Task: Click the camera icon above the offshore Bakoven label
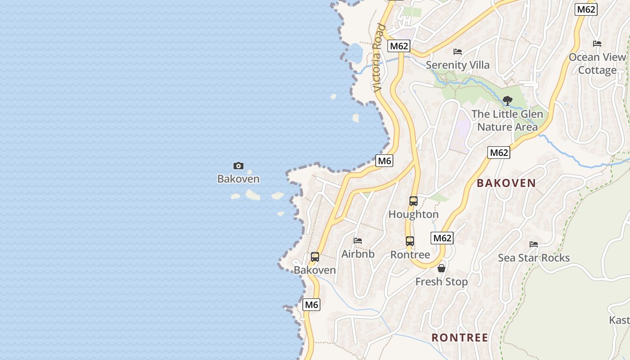click(x=238, y=166)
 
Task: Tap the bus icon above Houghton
click(x=414, y=201)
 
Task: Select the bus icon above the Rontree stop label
click(x=409, y=241)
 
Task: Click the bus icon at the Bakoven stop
click(x=315, y=257)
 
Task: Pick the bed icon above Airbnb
click(x=358, y=241)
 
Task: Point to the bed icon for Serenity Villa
click(x=458, y=52)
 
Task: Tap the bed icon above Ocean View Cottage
click(x=597, y=44)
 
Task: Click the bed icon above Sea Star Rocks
click(x=534, y=244)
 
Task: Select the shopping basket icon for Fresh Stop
click(x=441, y=268)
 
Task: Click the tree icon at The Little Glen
click(x=508, y=100)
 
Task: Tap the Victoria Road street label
click(x=378, y=58)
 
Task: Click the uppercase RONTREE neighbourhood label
click(x=460, y=337)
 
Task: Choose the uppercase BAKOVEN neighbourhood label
click(x=506, y=183)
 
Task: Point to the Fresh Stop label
click(x=441, y=282)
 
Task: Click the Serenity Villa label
click(x=458, y=65)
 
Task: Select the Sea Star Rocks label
click(x=534, y=258)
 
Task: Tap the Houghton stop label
click(x=414, y=214)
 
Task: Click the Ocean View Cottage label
click(x=597, y=63)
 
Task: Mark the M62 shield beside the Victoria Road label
click(x=399, y=46)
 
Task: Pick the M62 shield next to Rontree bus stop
click(x=442, y=238)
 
